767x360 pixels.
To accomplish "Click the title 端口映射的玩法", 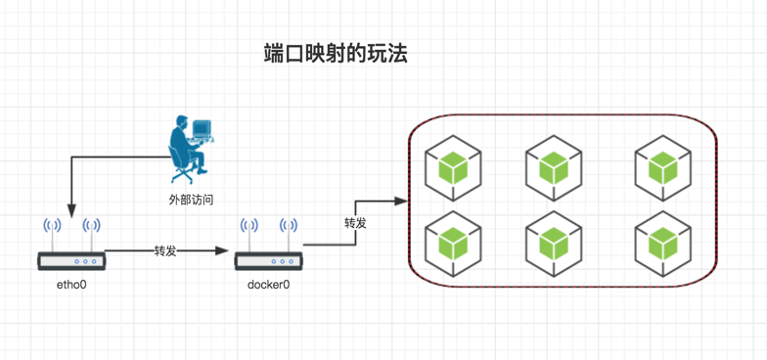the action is pyautogui.click(x=335, y=54).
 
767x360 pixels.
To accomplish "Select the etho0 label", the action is pyautogui.click(x=72, y=284).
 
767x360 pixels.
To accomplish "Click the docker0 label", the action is pyautogui.click(x=268, y=284).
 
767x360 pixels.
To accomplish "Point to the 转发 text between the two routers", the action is pyautogui.click(x=165, y=250).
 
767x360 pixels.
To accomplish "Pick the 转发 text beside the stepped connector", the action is pyautogui.click(x=356, y=223).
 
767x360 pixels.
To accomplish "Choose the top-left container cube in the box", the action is pyautogui.click(x=453, y=168).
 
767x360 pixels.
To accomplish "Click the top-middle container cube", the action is pyautogui.click(x=554, y=168).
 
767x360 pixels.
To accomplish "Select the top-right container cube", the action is pyautogui.click(x=663, y=168).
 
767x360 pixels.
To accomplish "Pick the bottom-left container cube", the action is pyautogui.click(x=453, y=243).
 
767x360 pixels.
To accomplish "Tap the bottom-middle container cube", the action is pyautogui.click(x=554, y=243).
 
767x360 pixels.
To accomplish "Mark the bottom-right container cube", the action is pyautogui.click(x=663, y=243).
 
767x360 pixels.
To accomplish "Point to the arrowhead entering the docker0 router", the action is pyautogui.click(x=223, y=250).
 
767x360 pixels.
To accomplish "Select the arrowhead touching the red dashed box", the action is pyautogui.click(x=401, y=201).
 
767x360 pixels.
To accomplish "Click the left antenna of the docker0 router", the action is pyautogui.click(x=248, y=235).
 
